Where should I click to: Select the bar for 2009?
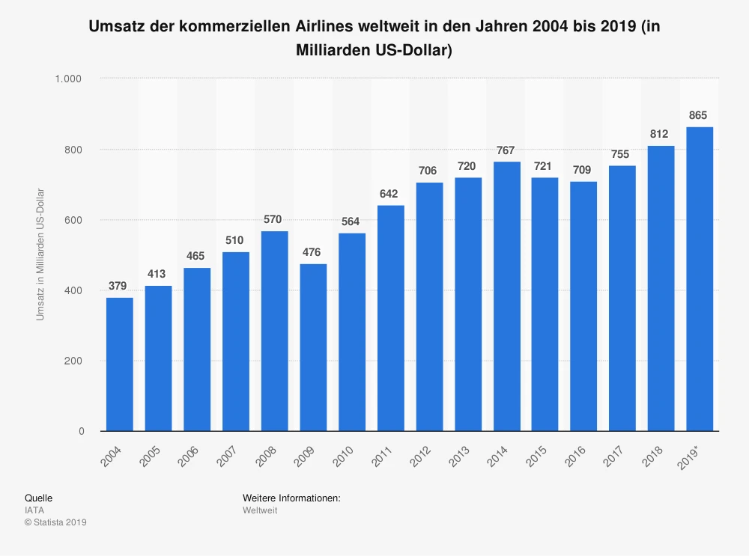[x=313, y=347]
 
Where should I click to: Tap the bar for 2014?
[x=506, y=296]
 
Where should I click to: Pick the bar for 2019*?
[x=700, y=279]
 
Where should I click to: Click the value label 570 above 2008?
[x=274, y=220]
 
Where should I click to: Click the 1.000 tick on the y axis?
[x=68, y=79]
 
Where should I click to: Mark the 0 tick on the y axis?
[x=80, y=432]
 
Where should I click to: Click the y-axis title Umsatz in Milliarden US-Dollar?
[x=40, y=254]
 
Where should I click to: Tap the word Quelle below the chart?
[x=38, y=498]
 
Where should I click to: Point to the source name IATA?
[x=34, y=510]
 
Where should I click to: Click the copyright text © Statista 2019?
[x=55, y=522]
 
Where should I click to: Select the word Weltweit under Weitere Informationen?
[x=260, y=510]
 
